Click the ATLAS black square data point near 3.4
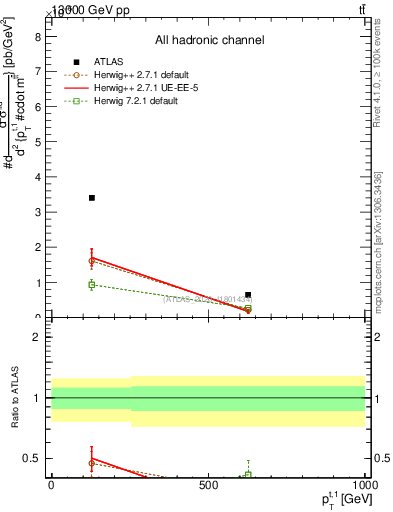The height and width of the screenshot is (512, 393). (x=92, y=198)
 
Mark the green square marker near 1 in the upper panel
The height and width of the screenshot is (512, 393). (x=92, y=285)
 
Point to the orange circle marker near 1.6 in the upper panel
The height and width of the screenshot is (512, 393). (x=92, y=260)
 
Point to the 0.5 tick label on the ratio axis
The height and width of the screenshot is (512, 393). (x=32, y=458)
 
